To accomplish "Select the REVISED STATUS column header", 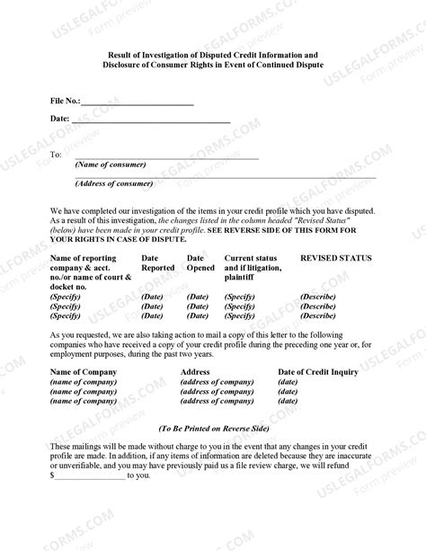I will (x=335, y=258).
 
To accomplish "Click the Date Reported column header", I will (x=158, y=262).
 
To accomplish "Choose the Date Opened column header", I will (x=200, y=262).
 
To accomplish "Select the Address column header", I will (x=195, y=371).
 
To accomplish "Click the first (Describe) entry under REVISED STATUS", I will (x=318, y=296).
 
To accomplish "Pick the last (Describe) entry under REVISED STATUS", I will (x=318, y=315).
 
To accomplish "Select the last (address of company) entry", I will (x=217, y=401).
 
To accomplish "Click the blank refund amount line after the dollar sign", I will (x=90, y=475).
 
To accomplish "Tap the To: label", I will (x=56, y=155).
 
